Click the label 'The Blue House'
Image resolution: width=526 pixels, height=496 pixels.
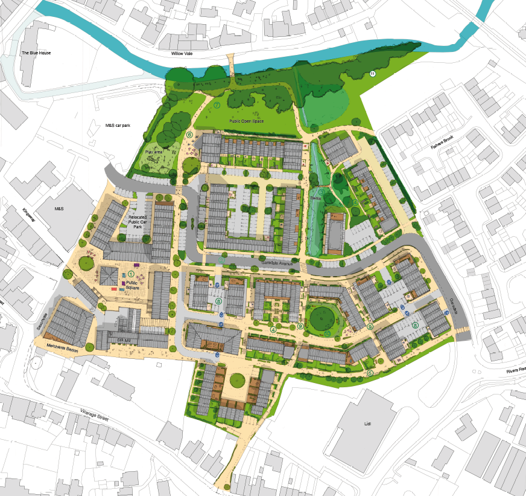click(x=36, y=53)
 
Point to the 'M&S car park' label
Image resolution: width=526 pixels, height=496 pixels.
click(x=118, y=126)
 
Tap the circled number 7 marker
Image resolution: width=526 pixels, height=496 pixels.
click(x=217, y=105)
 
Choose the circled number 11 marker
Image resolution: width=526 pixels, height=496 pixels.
click(x=372, y=74)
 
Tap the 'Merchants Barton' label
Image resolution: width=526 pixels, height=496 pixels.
click(x=63, y=347)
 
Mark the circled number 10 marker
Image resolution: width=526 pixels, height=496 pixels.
click(x=327, y=333)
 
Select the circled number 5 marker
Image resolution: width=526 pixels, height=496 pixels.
click(x=370, y=373)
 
